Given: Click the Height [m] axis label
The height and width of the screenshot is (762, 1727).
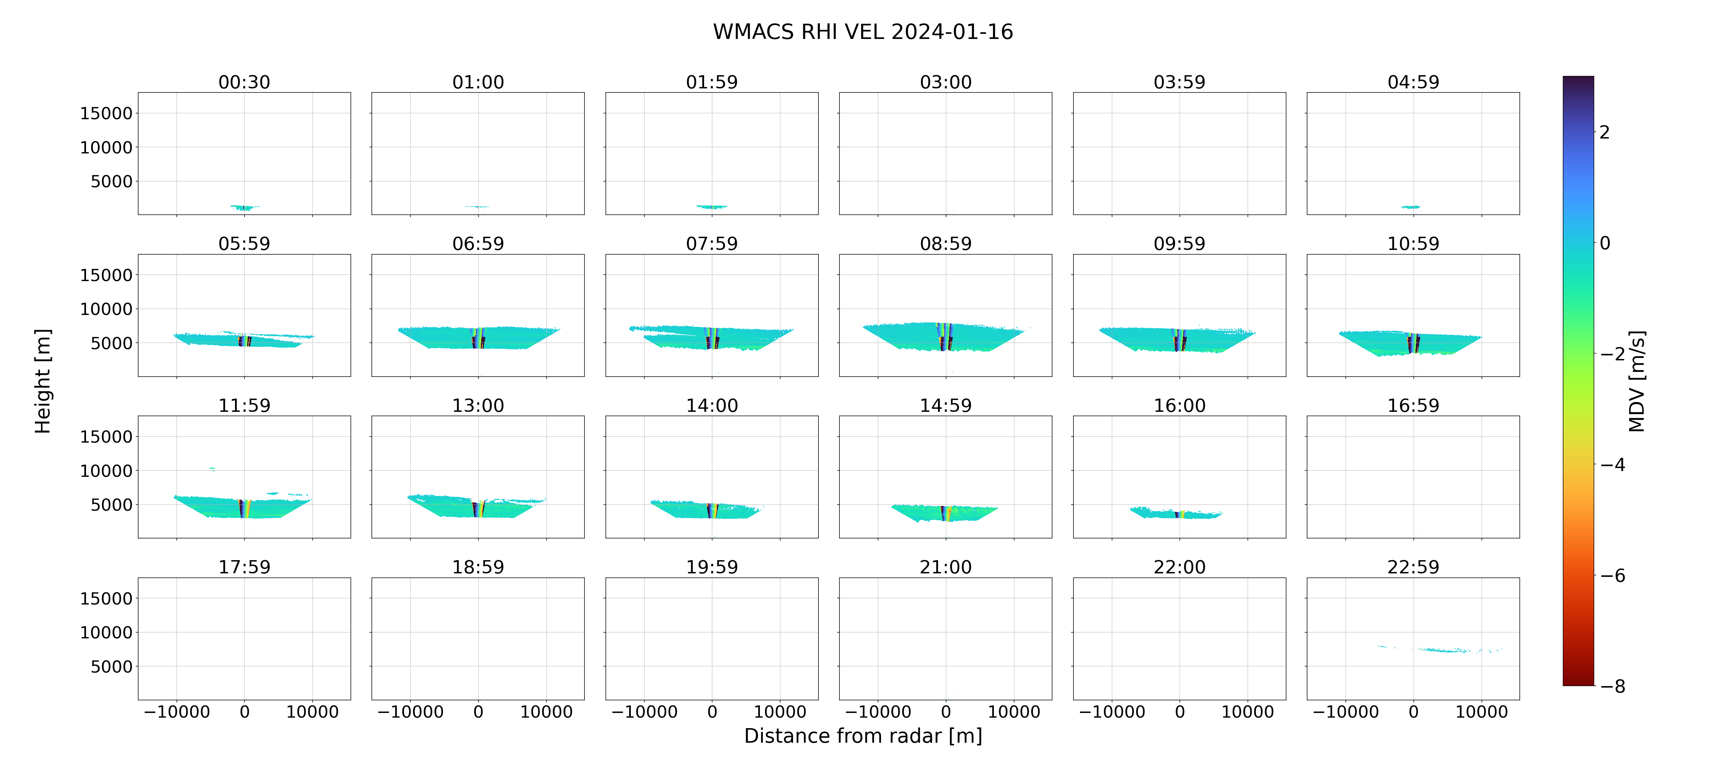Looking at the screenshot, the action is click(42, 381).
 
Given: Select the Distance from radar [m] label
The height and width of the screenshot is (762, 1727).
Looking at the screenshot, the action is click(863, 736).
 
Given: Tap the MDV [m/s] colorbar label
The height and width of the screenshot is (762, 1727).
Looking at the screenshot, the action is click(1637, 381).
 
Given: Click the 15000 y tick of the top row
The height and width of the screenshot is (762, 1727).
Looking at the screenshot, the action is click(106, 113).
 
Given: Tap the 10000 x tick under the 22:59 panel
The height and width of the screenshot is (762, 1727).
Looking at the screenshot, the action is click(1481, 712).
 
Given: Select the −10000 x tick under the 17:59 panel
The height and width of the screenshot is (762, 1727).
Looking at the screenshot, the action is click(177, 712).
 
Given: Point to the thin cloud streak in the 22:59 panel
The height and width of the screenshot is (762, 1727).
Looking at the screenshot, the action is click(1442, 649).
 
